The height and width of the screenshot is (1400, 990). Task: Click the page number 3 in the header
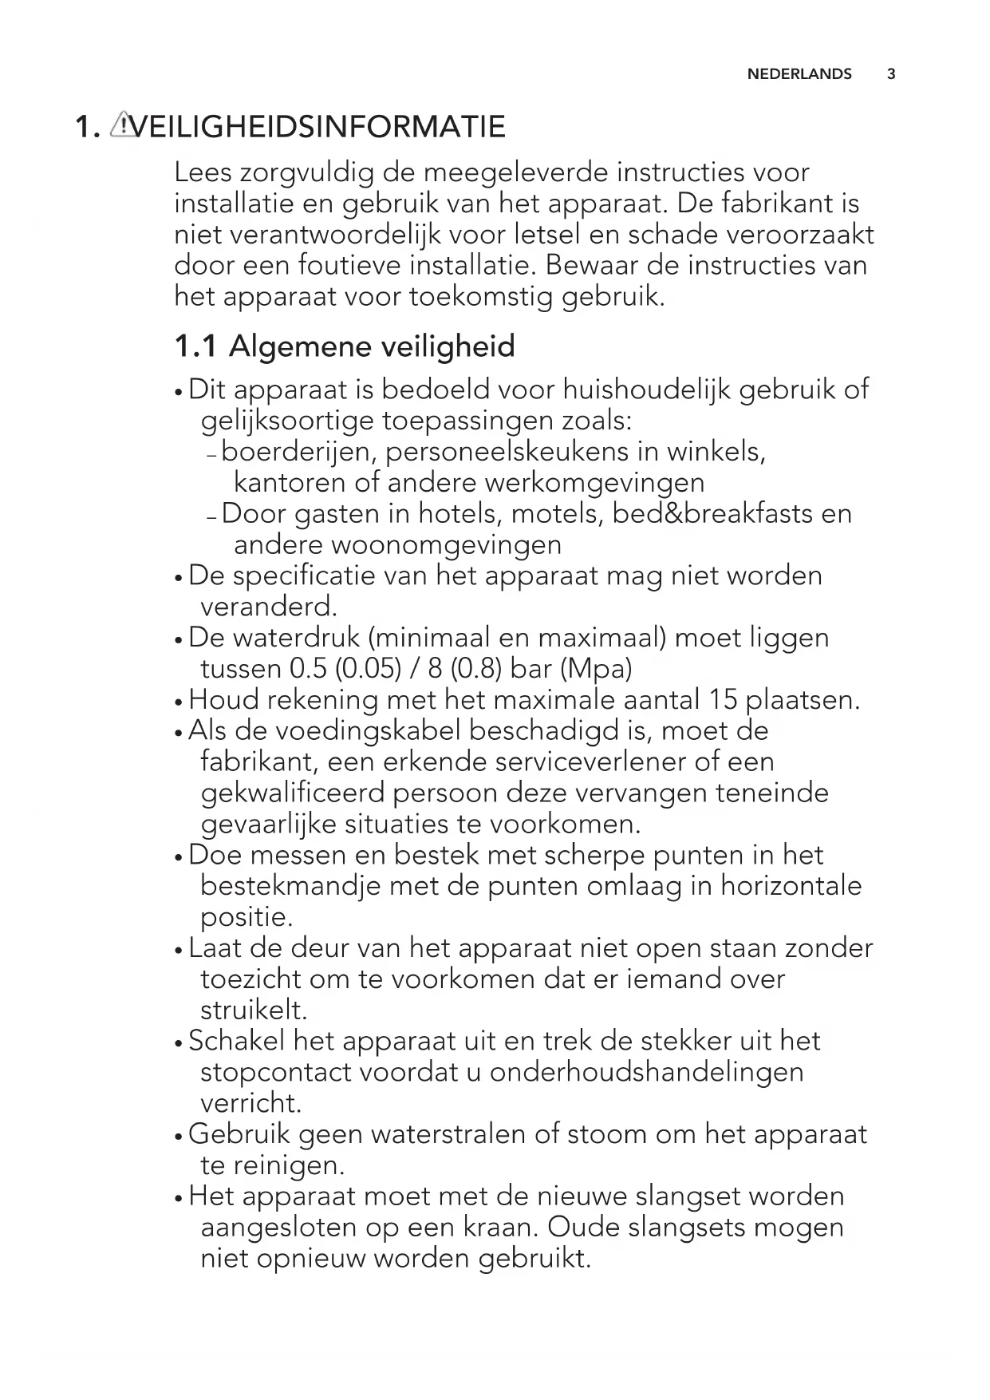click(891, 74)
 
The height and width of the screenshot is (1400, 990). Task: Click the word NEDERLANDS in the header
click(799, 74)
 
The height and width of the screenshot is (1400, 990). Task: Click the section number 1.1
click(195, 346)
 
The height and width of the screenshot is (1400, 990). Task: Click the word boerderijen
click(298, 452)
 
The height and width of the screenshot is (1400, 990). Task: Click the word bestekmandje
click(290, 887)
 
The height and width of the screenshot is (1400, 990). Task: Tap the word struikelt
click(254, 1010)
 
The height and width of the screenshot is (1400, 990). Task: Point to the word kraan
click(498, 1228)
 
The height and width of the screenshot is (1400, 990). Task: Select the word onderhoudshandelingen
click(647, 1072)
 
